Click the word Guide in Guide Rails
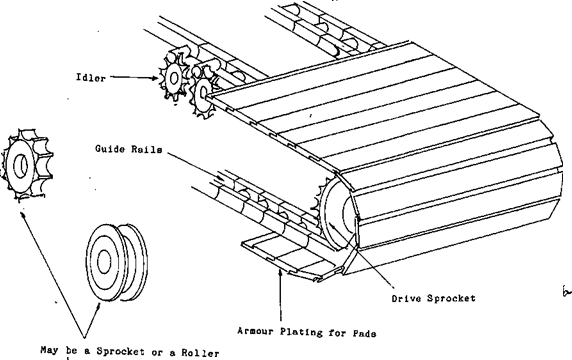(104, 148)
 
